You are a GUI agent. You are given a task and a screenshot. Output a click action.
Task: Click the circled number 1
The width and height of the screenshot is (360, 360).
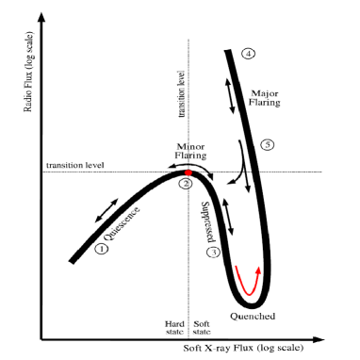101,249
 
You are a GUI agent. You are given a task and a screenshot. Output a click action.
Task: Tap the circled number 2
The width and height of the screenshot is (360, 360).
187,185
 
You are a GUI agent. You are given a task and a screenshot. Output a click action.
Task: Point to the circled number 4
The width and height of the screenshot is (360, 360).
248,54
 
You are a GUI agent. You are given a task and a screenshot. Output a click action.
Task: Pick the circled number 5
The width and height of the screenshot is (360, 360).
268,145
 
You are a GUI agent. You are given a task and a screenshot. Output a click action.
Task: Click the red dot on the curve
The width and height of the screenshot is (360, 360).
188,173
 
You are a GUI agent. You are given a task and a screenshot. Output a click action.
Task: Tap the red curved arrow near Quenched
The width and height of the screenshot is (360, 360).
249,280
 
